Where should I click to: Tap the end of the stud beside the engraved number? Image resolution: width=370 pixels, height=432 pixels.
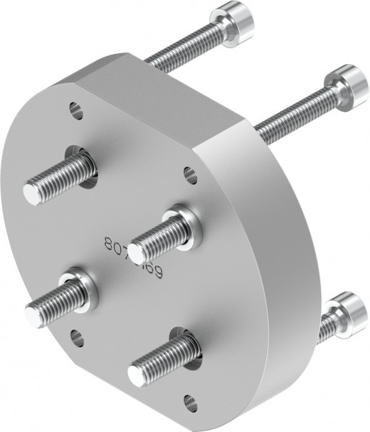(x=135, y=251)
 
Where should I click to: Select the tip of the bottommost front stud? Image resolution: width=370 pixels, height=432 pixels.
(x=137, y=374)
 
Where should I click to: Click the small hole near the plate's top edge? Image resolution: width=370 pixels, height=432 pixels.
(x=76, y=110)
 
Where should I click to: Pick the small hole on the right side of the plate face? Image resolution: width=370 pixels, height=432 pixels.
(x=190, y=174)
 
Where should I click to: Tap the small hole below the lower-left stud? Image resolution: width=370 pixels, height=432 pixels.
(x=77, y=336)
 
